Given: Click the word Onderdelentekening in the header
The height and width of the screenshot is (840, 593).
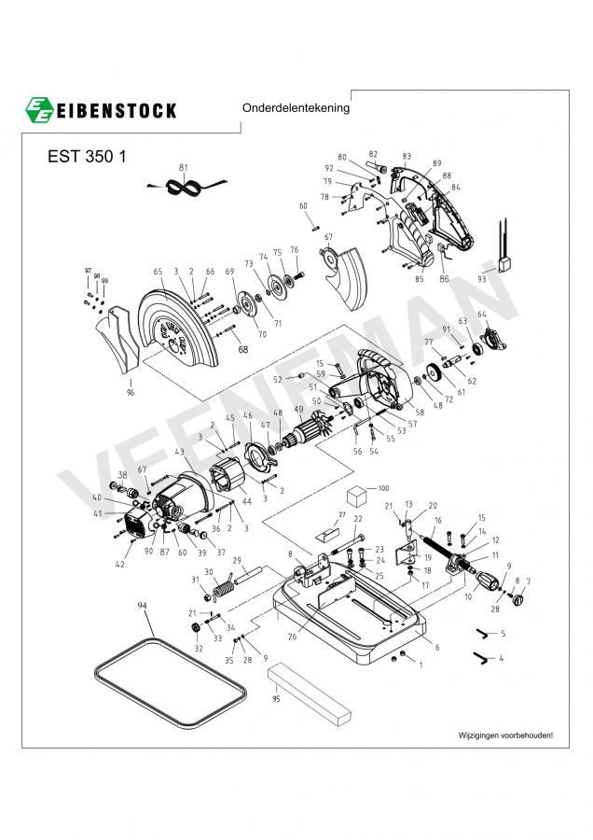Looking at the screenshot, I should pyautogui.click(x=296, y=107).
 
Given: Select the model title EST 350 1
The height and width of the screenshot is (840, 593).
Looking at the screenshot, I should pyautogui.click(x=87, y=156).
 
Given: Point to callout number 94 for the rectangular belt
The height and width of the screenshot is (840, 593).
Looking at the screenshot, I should pyautogui.click(x=143, y=606).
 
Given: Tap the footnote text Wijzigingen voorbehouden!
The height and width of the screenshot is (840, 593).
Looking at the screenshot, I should pyautogui.click(x=505, y=735).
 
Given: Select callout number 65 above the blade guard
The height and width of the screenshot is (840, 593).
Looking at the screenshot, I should pyautogui.click(x=159, y=272).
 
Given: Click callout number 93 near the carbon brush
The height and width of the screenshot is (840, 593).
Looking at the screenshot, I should pyautogui.click(x=481, y=278).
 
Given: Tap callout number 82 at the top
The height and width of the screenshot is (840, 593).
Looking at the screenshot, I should pyautogui.click(x=373, y=153).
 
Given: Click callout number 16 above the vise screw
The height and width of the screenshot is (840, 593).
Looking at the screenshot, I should pyautogui.click(x=437, y=520).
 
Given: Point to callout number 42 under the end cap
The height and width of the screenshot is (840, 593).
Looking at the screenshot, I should pyautogui.click(x=119, y=564).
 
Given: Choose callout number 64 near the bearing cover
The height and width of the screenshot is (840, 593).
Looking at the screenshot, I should pyautogui.click(x=482, y=315).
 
